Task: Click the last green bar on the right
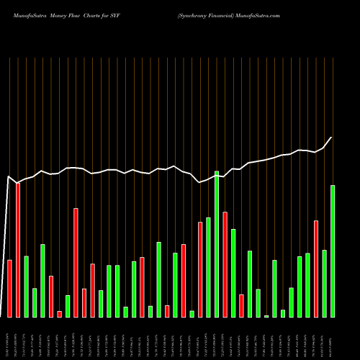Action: (333, 251)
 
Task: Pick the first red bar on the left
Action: (9, 288)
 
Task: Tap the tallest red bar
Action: (18, 250)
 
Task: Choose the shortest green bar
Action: (266, 316)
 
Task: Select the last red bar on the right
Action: (316, 269)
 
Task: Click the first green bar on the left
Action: (26, 287)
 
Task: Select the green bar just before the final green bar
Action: (325, 283)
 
